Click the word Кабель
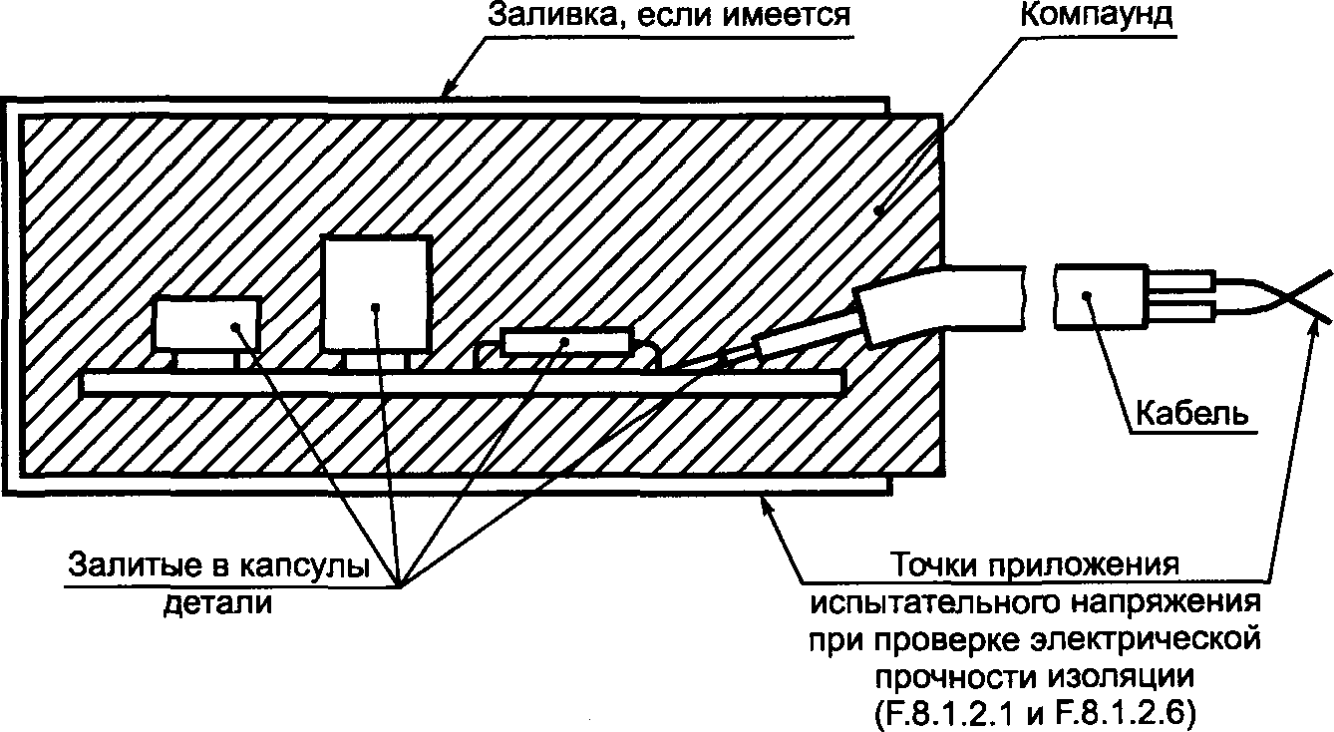1192,413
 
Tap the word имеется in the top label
787,16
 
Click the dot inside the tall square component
376,306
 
